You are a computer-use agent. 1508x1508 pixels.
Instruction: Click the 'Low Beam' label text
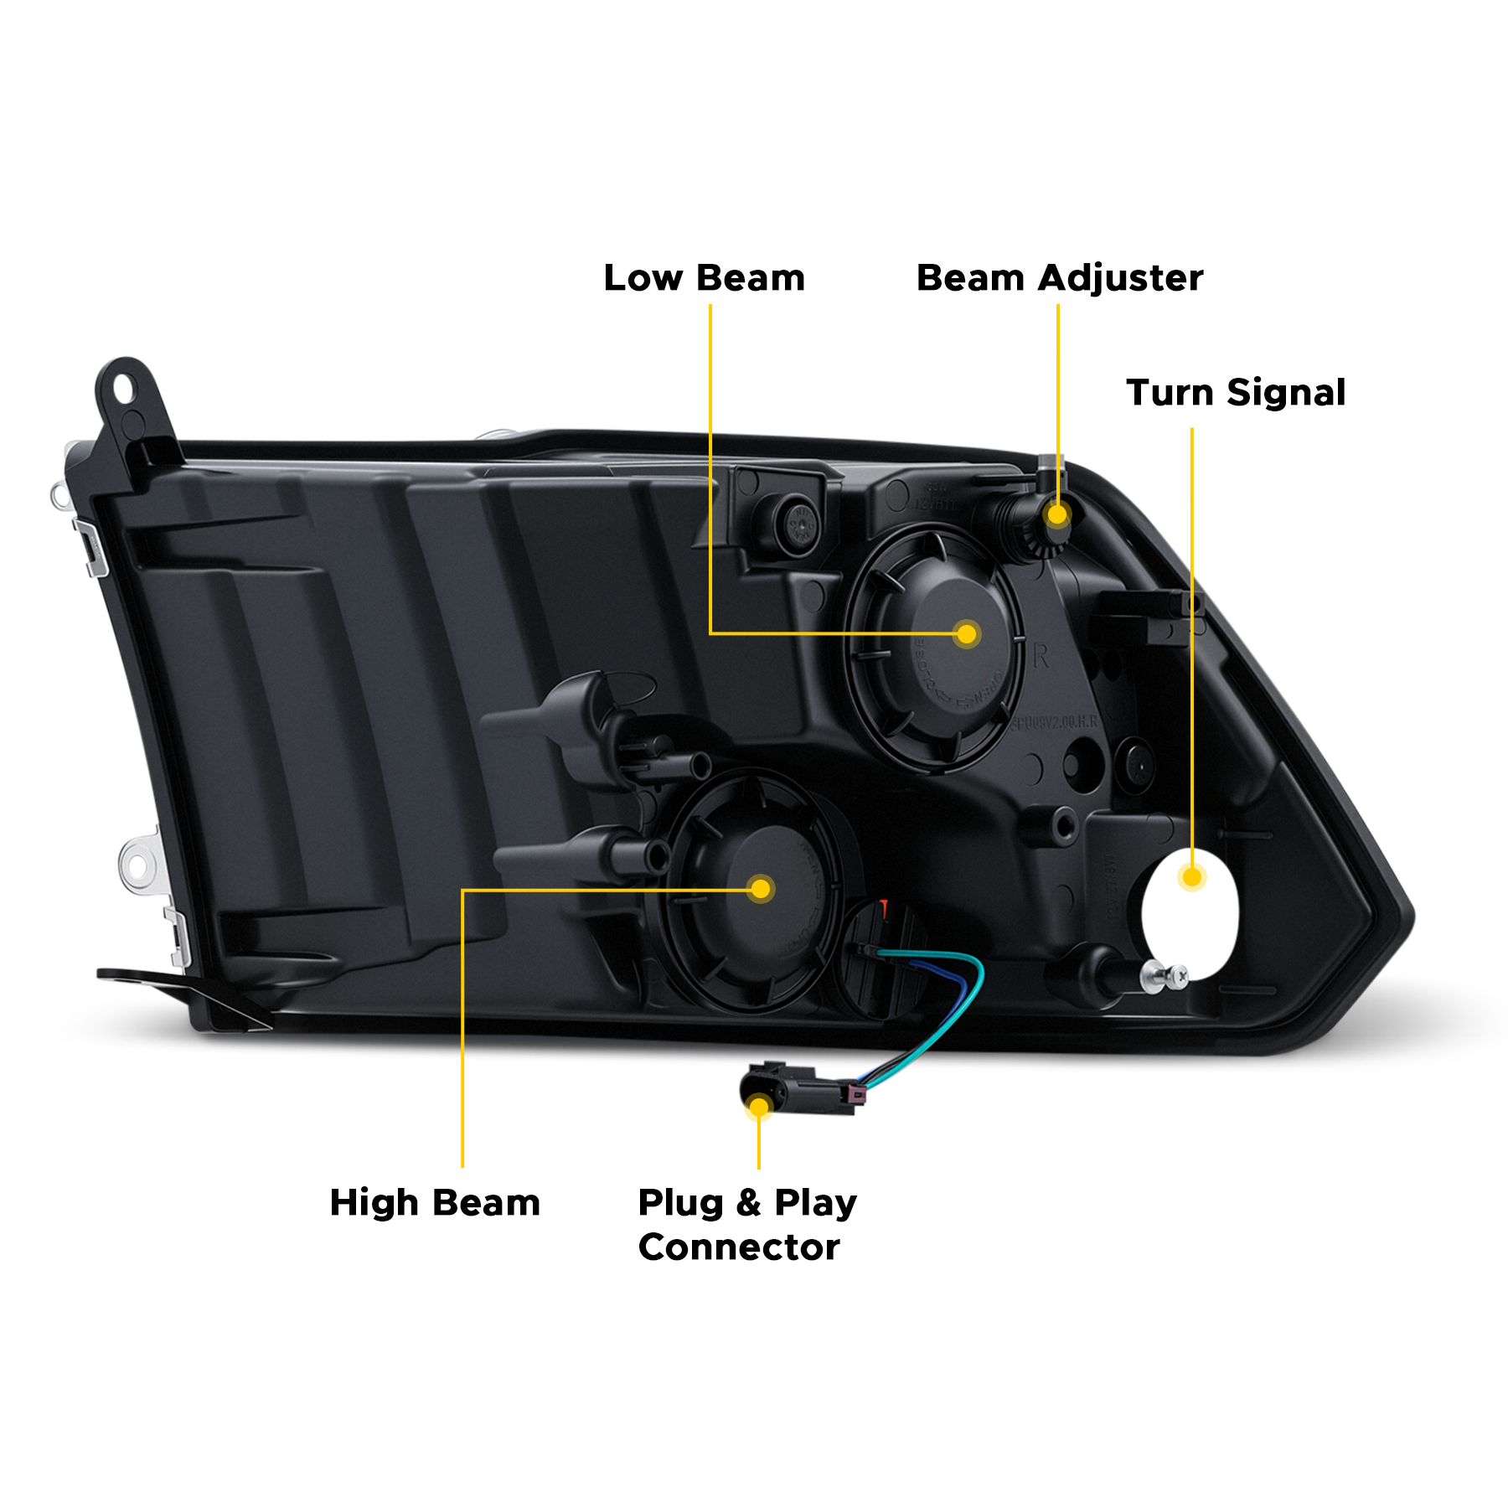[704, 278]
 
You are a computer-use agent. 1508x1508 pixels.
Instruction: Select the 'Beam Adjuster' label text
[1059, 278]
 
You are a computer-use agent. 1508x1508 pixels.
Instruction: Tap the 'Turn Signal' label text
[1236, 393]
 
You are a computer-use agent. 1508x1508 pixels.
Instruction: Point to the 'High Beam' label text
[435, 1203]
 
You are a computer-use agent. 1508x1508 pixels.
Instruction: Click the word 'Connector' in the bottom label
[739, 1247]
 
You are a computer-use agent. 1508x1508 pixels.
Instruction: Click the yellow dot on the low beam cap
[967, 634]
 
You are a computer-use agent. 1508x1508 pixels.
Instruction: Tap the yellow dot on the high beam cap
[761, 889]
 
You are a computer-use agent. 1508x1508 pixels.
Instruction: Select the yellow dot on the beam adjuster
[1058, 514]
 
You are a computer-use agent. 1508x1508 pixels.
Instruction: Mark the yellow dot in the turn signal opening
[1191, 877]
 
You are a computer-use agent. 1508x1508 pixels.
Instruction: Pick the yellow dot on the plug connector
[759, 1108]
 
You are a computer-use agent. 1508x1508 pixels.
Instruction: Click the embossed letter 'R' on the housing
[1041, 656]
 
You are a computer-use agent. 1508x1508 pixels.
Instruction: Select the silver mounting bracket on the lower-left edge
[138, 864]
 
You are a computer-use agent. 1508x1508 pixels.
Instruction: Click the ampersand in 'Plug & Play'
[748, 1203]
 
